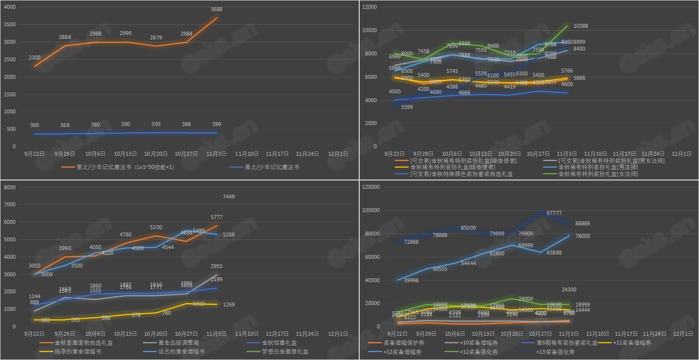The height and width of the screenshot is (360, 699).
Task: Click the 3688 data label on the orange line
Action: pos(217,9)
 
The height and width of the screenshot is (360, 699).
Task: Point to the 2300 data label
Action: pos(35,58)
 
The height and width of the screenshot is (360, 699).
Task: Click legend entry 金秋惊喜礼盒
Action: pos(282,343)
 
